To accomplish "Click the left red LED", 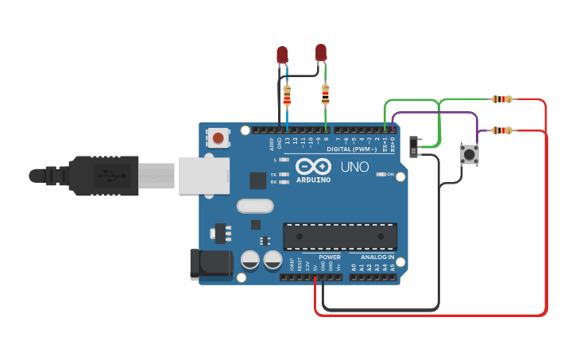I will point(282,55).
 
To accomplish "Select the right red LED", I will point(321,52).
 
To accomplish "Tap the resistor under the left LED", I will point(287,95).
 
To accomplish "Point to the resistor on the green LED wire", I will point(325,95).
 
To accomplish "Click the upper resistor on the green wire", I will point(501,99).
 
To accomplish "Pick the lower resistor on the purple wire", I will point(501,130).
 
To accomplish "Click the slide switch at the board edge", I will point(414,146).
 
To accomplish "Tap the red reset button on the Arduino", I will point(218,139).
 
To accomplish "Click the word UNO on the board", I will point(354,167).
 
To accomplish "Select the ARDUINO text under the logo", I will point(313,179).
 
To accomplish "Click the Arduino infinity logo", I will point(313,166).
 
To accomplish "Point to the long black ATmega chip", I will point(340,236).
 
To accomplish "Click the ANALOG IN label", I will point(377,257).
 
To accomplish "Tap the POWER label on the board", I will point(330,257).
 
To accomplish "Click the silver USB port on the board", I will point(204,175).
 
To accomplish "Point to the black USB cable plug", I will point(103,175).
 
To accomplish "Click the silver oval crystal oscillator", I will point(254,207).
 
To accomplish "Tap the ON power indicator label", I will point(390,174).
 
